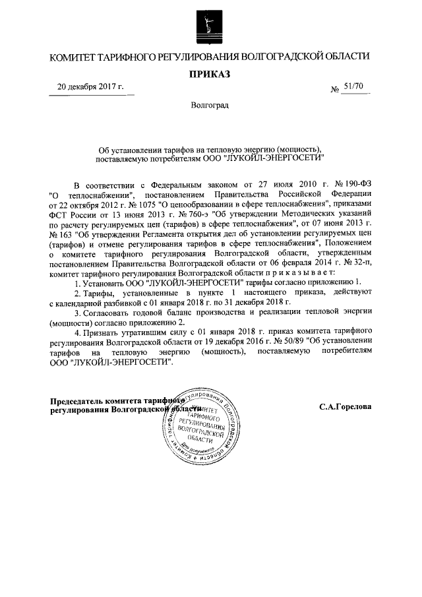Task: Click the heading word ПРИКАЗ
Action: pos(210,74)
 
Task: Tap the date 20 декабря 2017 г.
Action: pos(90,88)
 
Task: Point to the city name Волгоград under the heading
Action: pos(210,105)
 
